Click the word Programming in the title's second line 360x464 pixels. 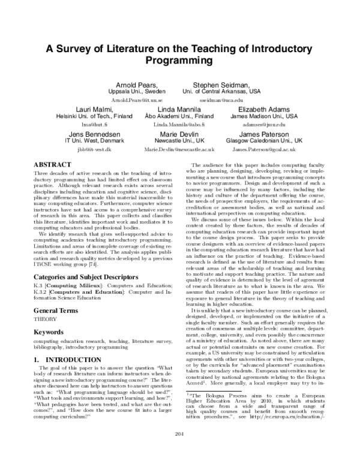180,61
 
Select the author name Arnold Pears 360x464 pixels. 135,85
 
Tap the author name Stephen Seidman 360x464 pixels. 221,85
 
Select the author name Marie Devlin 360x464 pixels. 180,134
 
